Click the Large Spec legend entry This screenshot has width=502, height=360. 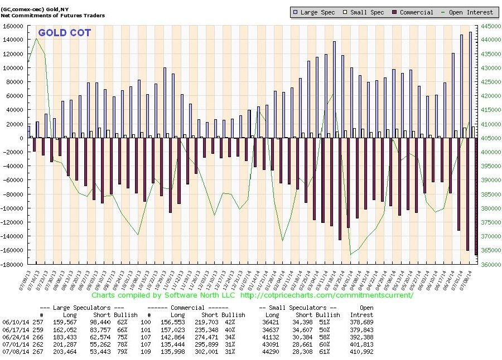[x=317, y=12]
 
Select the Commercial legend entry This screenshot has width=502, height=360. [x=413, y=12]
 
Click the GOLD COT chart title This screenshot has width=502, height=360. [x=65, y=33]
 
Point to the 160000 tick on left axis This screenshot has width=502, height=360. [x=13, y=26]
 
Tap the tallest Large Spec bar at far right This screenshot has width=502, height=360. [x=470, y=84]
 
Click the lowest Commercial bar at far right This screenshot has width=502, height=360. [x=476, y=196]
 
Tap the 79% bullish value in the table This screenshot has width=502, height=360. [x=129, y=352]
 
